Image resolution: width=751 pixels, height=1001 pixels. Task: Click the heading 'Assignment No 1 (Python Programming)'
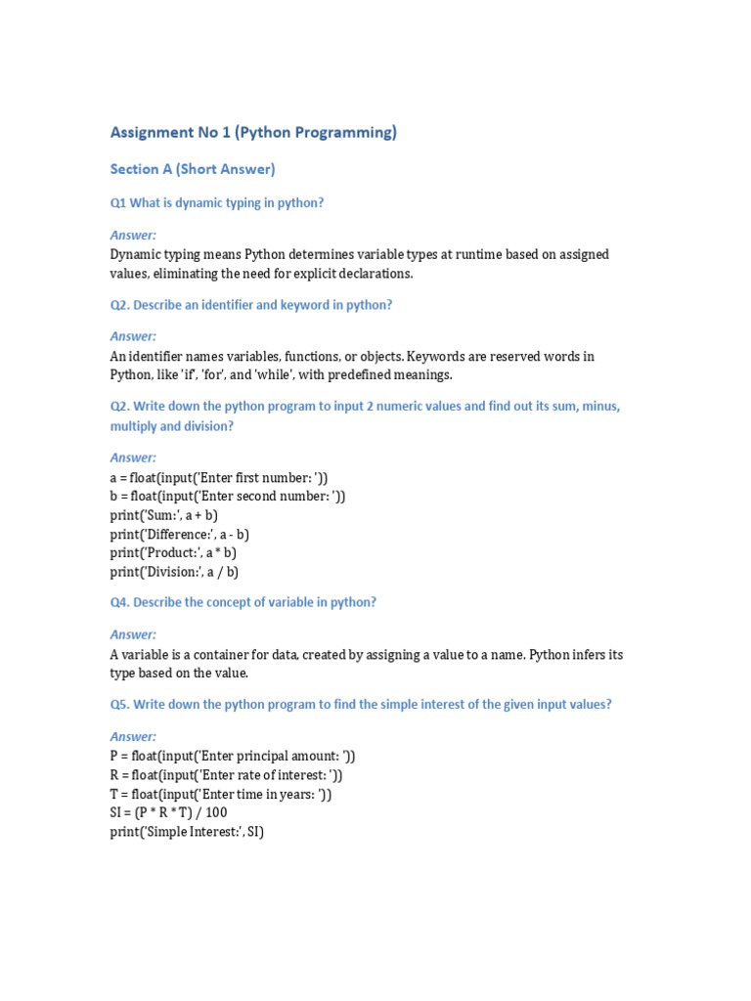tap(253, 133)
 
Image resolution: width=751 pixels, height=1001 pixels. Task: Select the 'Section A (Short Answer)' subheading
tap(193, 169)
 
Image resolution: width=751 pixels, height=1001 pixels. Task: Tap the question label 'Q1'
tap(118, 203)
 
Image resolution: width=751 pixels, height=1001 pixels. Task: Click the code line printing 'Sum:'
tap(163, 515)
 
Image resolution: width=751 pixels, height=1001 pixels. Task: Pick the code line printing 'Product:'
tap(173, 553)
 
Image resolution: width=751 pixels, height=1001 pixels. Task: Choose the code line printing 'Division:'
tap(174, 572)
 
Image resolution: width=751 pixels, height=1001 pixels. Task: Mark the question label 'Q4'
tap(119, 602)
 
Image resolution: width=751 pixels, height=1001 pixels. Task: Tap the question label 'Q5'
tap(119, 705)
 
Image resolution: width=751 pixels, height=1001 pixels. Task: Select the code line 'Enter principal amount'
tap(233, 756)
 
